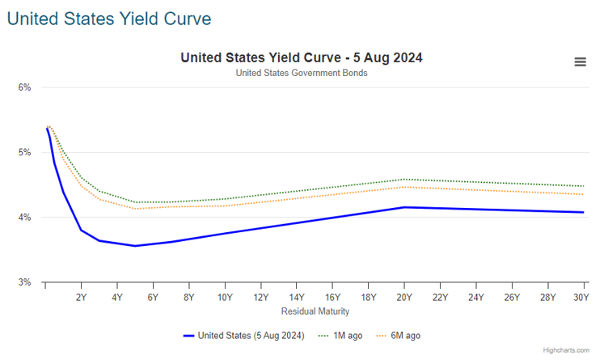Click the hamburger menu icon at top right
[580, 62]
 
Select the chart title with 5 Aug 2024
[302, 58]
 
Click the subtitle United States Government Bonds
[302, 73]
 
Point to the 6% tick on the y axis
[24, 87]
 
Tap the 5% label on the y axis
[24, 152]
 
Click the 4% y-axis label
[24, 218]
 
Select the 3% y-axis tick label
[24, 282]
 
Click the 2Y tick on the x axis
[81, 298]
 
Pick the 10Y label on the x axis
[225, 298]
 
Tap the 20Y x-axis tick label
[404, 298]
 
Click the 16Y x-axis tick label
[332, 298]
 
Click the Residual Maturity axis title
[315, 311]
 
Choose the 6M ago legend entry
[402, 336]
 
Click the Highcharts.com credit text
[566, 350]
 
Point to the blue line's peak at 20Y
[404, 207]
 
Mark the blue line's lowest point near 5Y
[135, 246]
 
